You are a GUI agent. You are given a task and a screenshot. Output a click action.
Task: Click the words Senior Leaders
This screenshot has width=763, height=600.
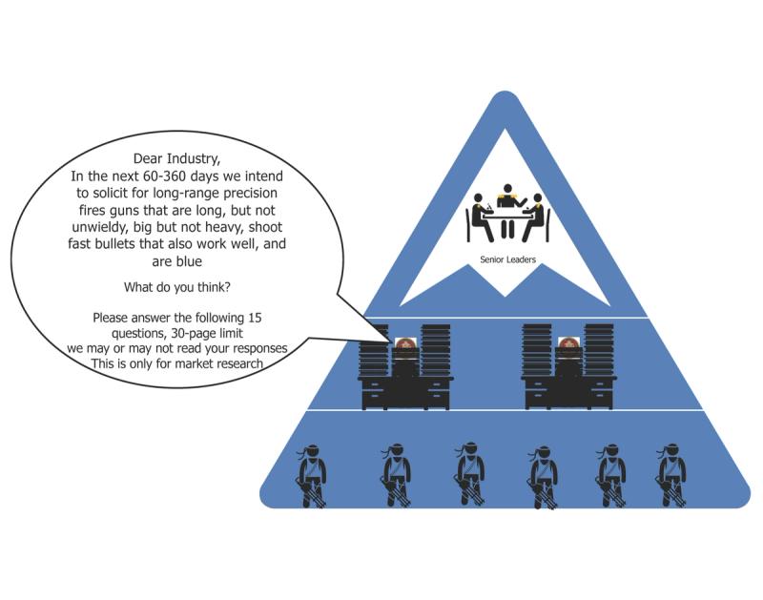tap(507, 259)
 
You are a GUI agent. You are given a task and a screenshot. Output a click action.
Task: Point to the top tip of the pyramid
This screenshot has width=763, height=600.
tap(505, 93)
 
